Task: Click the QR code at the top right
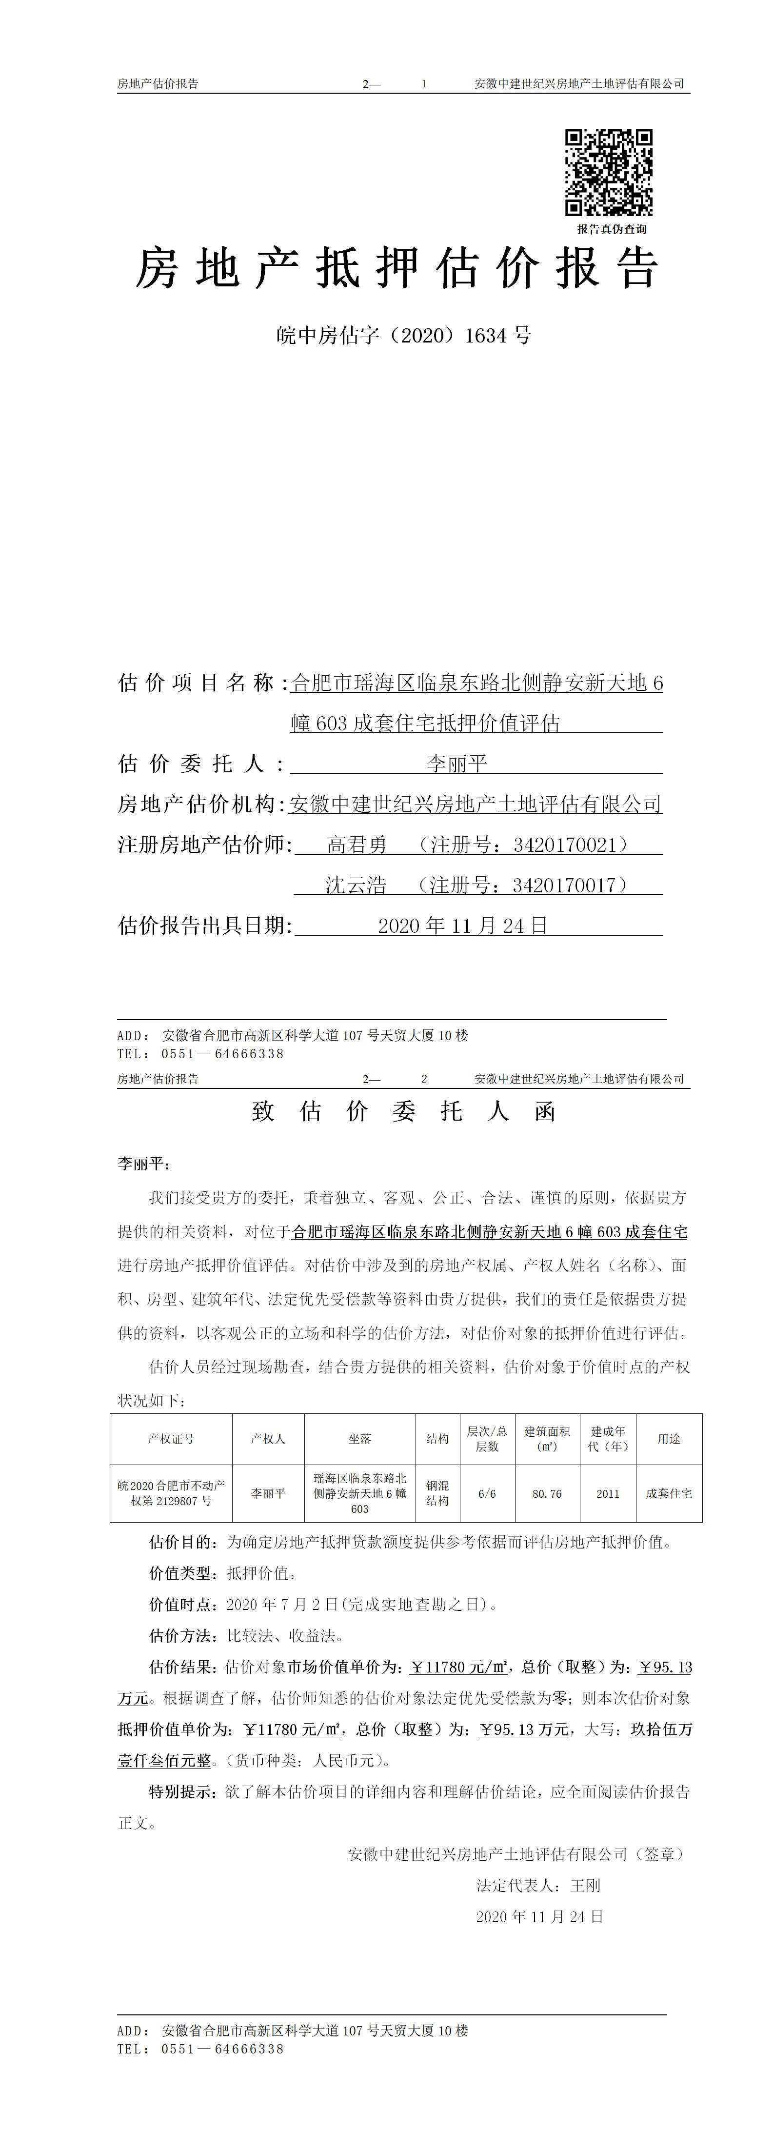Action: [609, 172]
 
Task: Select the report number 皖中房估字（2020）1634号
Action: [403, 336]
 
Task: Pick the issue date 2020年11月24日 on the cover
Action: [463, 925]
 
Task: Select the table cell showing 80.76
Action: [547, 1494]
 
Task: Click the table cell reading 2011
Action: [608, 1494]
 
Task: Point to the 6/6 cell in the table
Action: [487, 1494]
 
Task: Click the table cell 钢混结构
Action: [437, 1494]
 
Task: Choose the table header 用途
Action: [669, 1439]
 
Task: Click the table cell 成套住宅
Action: [669, 1494]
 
